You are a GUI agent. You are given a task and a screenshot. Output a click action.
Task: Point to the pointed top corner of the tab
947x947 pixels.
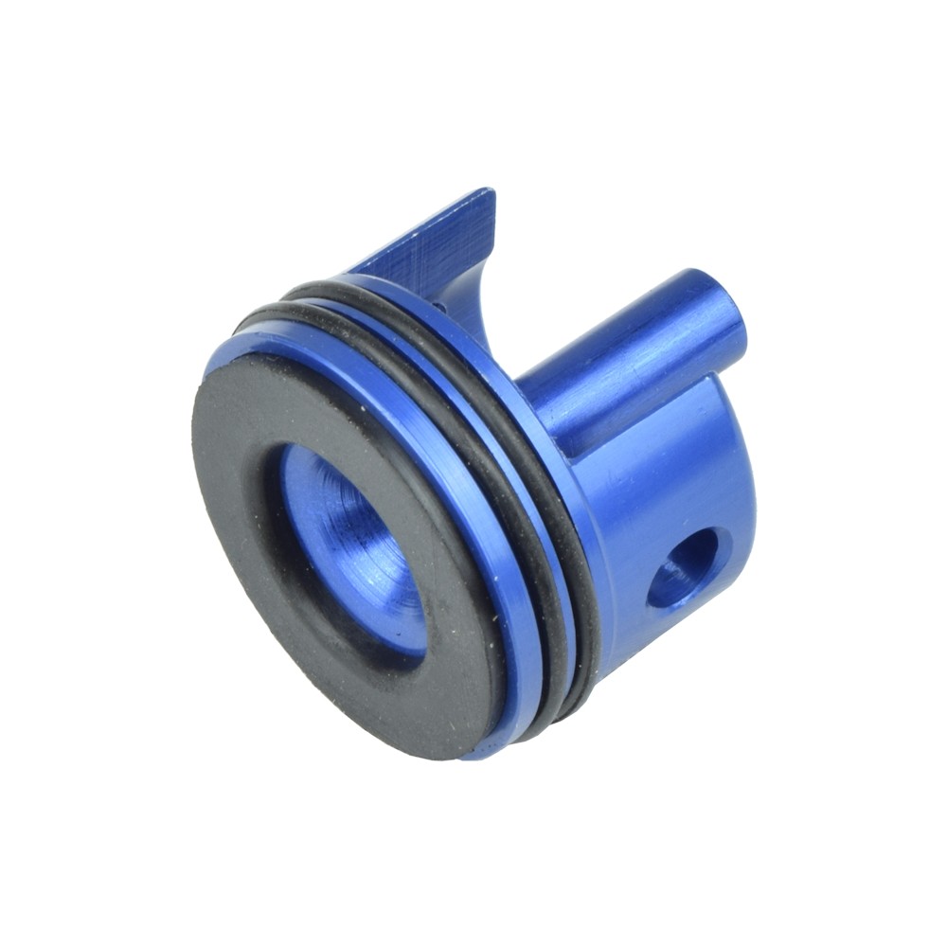pos(491,191)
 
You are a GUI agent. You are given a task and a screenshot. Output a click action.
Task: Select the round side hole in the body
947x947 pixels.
pos(684,568)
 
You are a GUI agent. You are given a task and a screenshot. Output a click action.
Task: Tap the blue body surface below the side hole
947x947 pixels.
pos(663,644)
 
